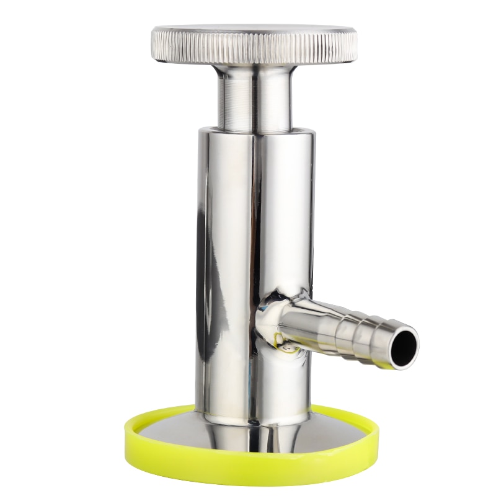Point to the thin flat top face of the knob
(x=254, y=29)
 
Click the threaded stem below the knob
(x=254, y=105)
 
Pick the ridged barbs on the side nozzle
(x=347, y=325)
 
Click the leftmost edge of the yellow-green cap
(x=126, y=434)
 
